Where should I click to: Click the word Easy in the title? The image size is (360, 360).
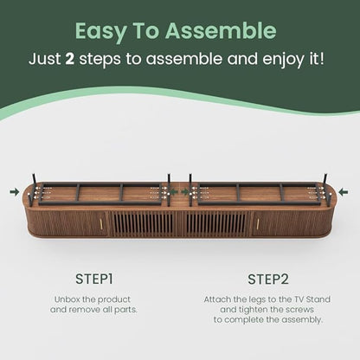[100, 31]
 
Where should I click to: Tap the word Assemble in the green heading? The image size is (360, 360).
[221, 30]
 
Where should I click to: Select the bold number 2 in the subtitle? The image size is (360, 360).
[70, 59]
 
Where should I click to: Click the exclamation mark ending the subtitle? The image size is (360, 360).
[321, 59]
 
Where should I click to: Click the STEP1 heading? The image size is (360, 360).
[93, 279]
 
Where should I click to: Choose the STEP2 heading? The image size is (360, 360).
[268, 280]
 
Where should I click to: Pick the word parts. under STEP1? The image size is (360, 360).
[125, 310]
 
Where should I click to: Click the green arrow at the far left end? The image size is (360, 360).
[15, 192]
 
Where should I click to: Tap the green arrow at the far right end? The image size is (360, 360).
[344, 192]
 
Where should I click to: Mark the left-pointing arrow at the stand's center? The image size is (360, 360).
[174, 192]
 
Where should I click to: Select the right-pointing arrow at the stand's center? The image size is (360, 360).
[185, 192]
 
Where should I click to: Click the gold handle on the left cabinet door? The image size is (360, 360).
[101, 223]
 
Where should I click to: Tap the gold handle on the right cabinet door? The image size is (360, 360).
[258, 223]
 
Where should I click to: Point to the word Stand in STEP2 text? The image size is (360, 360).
[318, 299]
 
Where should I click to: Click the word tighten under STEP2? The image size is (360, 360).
[253, 310]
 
